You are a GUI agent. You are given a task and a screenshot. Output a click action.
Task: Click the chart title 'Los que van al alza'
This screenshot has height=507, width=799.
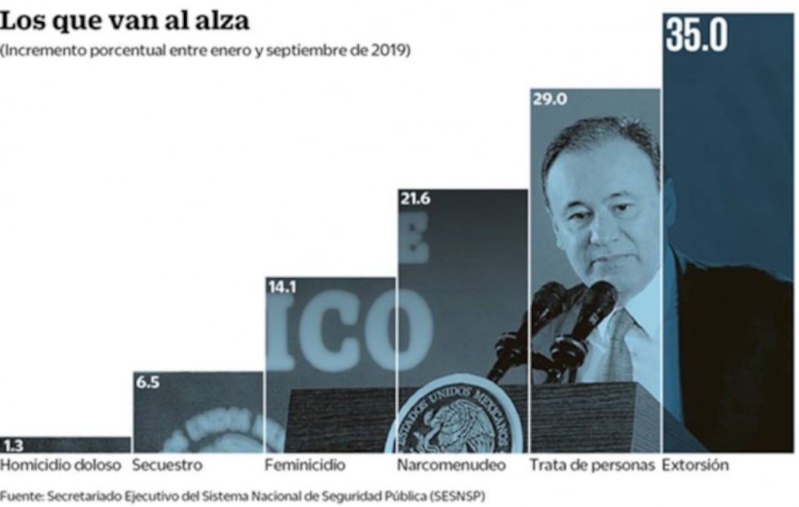(125, 20)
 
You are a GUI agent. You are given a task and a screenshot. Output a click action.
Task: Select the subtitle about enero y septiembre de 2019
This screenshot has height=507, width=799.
(205, 50)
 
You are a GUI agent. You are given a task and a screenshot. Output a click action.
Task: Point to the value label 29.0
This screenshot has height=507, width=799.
(550, 100)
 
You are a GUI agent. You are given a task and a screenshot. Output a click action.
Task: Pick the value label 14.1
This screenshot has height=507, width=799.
(281, 286)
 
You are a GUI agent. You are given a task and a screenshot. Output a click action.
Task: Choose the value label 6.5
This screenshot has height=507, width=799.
(148, 382)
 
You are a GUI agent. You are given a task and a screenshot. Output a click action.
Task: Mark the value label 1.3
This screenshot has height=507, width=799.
(13, 446)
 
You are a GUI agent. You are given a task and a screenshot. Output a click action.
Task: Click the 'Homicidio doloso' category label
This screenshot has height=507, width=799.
(61, 465)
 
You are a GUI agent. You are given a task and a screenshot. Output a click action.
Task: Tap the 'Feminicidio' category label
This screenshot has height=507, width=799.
(305, 465)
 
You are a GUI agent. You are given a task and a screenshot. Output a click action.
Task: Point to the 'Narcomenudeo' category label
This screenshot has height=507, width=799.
(451, 465)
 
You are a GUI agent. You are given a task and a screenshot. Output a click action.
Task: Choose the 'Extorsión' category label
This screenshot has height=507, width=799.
(694, 465)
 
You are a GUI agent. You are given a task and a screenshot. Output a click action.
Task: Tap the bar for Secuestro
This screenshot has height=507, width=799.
(199, 413)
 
